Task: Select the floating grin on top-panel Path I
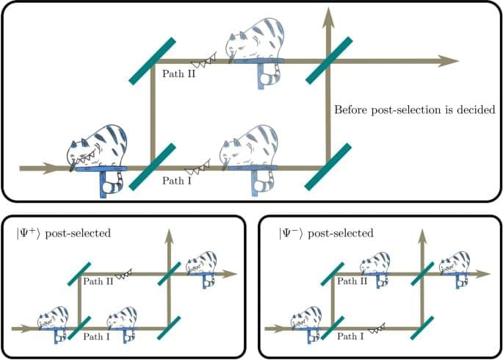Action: (198, 168)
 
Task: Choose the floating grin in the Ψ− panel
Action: (377, 329)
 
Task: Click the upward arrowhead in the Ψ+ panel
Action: (169, 234)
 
